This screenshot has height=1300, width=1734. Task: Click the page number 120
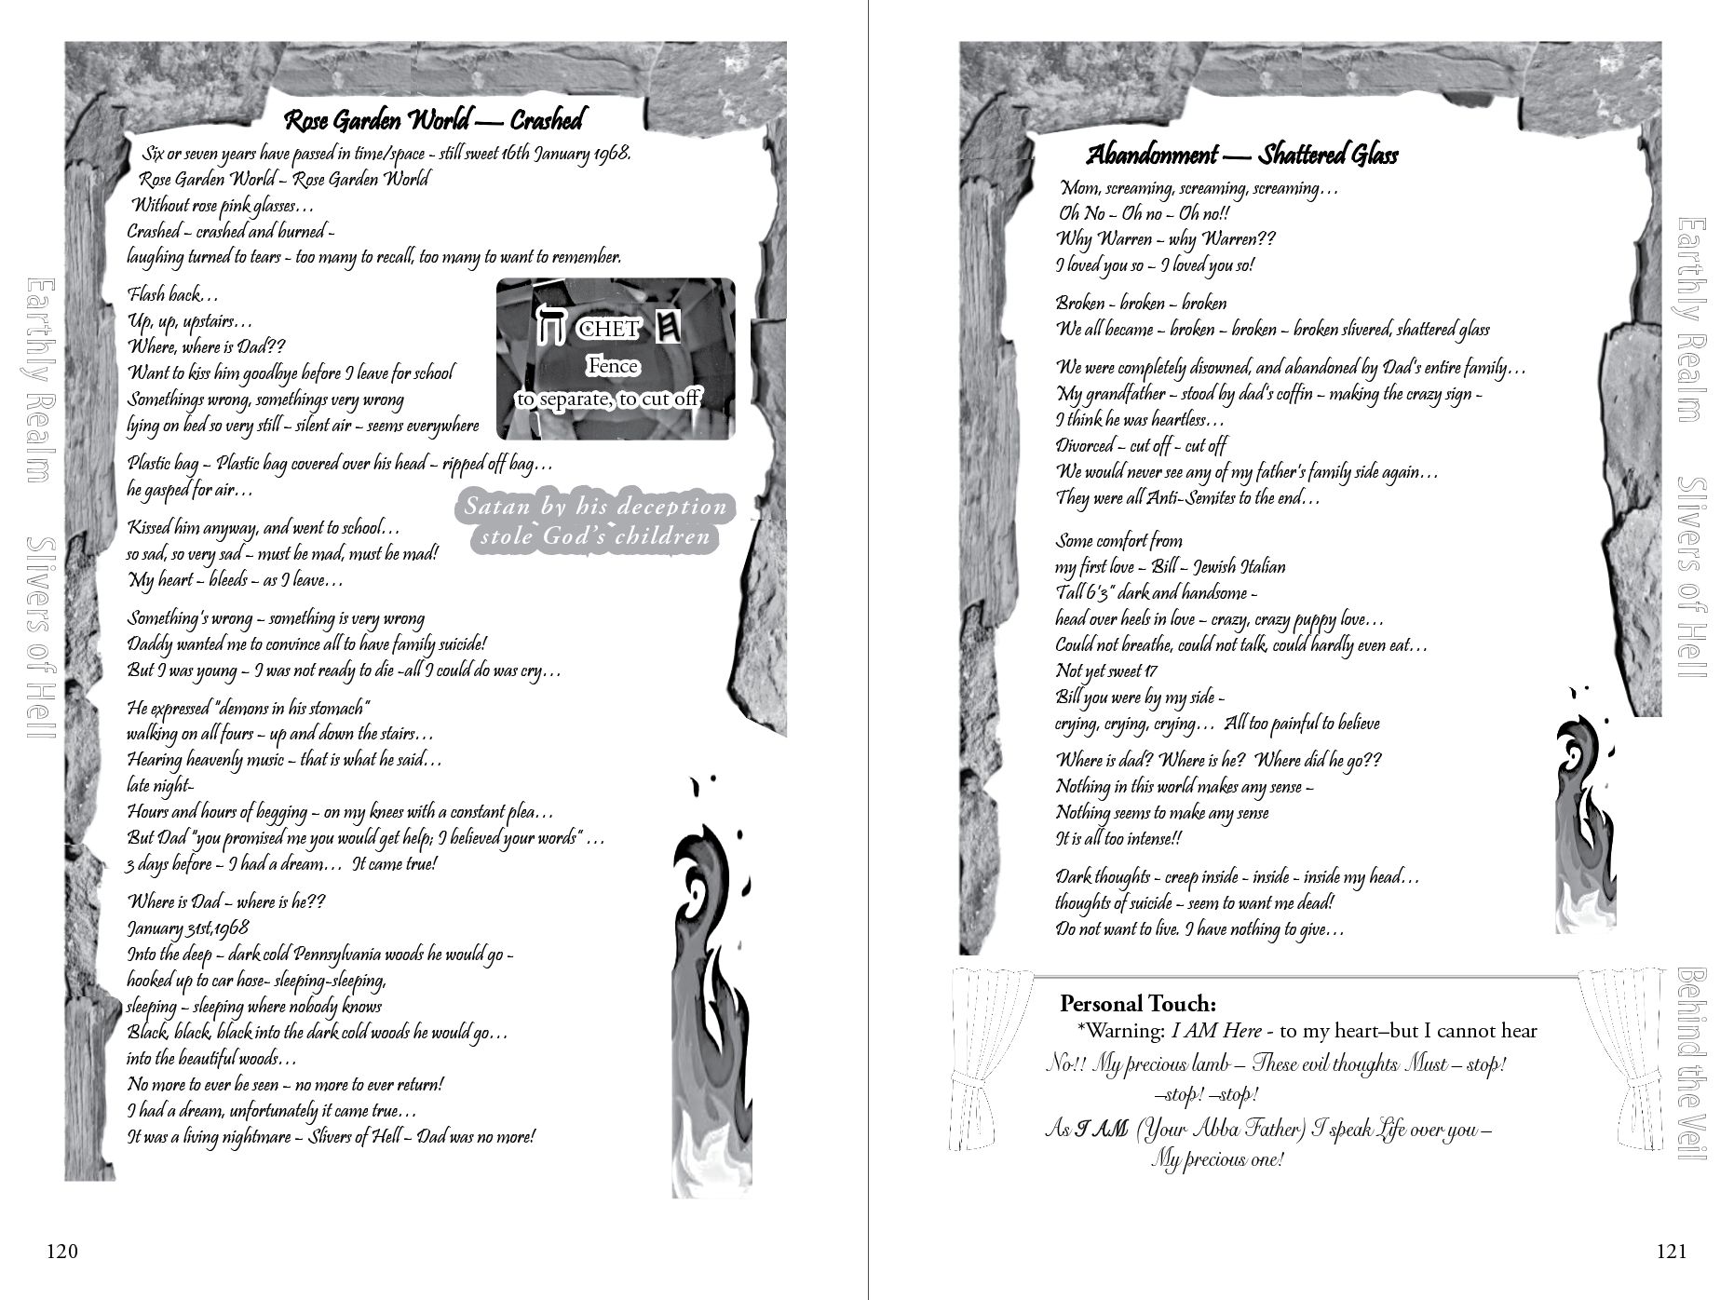62,1252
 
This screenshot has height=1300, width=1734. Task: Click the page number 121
1672,1252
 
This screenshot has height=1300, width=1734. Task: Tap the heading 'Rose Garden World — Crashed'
433,120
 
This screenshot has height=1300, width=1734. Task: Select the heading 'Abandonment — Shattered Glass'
1241,155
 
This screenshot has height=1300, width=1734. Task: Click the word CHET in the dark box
608,329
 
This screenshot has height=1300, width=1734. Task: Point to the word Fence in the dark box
612,366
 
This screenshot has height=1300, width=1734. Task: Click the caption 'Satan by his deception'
595,508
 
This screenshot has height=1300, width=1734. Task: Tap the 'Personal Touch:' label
1137,1004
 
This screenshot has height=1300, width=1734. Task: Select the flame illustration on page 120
711,987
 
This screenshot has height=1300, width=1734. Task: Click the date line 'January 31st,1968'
188,928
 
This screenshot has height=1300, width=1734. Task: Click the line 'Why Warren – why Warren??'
1165,239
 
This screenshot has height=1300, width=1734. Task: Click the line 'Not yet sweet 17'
1106,671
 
